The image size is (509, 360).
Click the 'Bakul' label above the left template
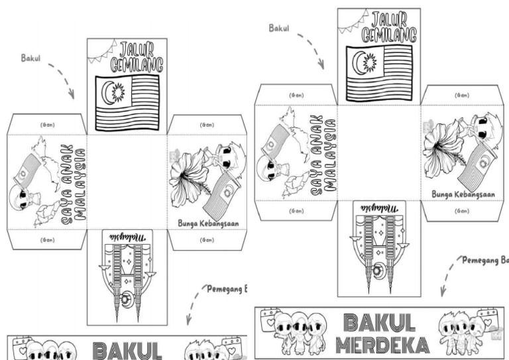pos(31,58)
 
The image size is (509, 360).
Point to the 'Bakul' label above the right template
pos(280,28)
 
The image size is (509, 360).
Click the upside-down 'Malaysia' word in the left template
pos(128,237)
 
